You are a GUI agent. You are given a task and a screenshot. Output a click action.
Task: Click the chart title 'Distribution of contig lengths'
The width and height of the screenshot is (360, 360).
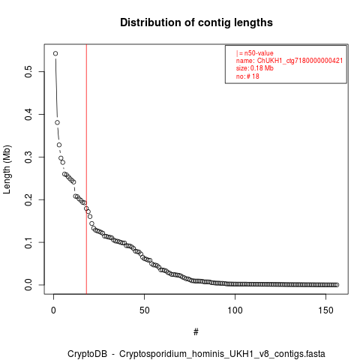coord(196,22)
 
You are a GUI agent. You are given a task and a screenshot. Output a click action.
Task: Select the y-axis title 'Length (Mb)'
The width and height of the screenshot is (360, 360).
coord(7,169)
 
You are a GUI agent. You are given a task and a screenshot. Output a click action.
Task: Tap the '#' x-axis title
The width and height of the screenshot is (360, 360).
coord(196,332)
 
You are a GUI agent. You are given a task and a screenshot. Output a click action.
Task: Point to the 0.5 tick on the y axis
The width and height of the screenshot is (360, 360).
coord(28,71)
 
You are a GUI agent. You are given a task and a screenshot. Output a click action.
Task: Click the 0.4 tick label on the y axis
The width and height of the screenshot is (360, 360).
coord(28,114)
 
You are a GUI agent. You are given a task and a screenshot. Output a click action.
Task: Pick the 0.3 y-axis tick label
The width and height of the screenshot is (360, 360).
coord(28,157)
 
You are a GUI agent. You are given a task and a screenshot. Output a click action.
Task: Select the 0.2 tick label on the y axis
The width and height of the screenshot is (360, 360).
coord(28,199)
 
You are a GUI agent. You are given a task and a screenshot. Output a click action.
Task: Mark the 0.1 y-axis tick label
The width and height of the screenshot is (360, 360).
coord(28,242)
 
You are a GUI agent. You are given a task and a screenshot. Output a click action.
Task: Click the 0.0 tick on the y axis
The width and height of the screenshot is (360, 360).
coord(28,285)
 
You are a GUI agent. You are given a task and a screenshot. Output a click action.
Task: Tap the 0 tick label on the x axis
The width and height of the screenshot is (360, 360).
coord(53,310)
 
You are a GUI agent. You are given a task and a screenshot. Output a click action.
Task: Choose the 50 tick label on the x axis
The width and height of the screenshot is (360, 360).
coord(144,310)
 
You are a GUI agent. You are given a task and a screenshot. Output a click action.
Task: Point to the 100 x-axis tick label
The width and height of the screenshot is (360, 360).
coord(235,310)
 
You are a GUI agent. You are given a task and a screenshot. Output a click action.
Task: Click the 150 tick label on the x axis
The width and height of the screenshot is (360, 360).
coord(325,310)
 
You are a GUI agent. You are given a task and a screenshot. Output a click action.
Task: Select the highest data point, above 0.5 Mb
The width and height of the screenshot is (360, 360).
coord(55,53)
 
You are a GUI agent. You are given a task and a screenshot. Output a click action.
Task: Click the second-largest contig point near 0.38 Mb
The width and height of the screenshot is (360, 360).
coord(57,122)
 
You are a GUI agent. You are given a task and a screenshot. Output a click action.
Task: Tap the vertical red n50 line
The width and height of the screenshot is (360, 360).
coord(86,169)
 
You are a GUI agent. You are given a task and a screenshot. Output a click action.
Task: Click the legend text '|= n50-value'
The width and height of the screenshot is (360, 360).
coord(254,53)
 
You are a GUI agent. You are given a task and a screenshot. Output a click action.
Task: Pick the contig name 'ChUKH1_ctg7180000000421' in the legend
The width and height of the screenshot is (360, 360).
coord(300,61)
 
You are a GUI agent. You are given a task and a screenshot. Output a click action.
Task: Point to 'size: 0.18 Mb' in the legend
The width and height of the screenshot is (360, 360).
coord(255,68)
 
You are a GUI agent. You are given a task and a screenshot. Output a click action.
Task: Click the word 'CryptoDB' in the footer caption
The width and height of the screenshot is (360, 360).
coord(87,354)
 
